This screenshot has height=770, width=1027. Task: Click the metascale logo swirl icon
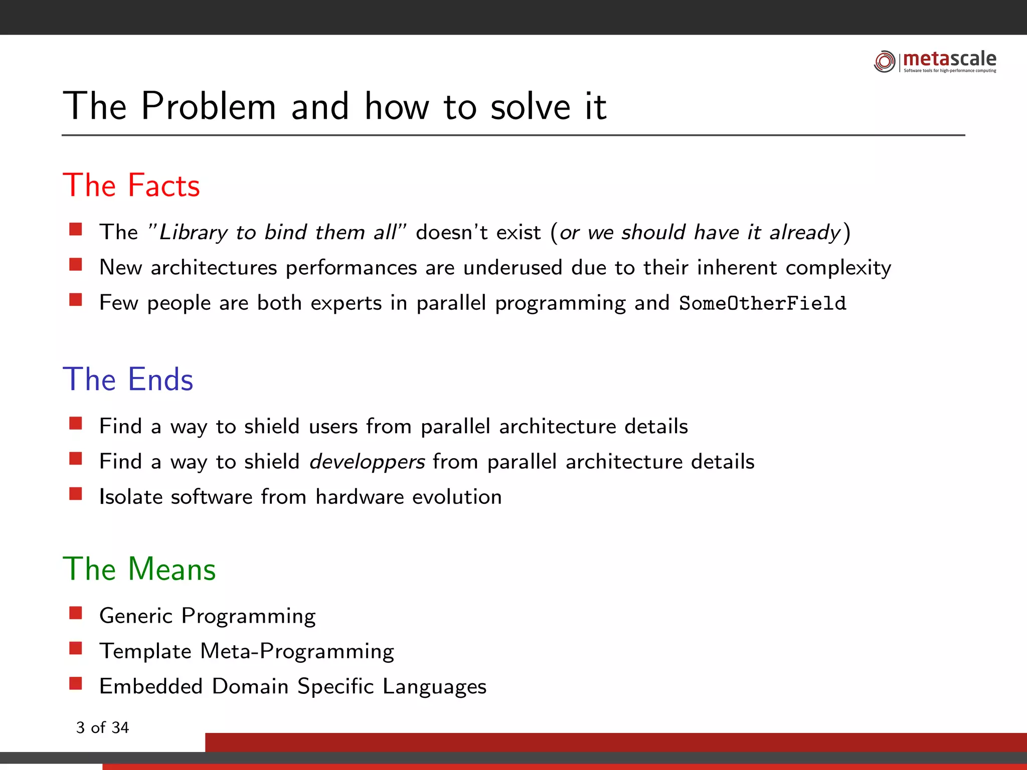[884, 61]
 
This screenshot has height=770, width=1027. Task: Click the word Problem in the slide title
[209, 106]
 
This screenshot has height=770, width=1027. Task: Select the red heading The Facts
[131, 185]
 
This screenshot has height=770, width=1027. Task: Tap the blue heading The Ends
[128, 379]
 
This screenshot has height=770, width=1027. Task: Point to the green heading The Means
[139, 569]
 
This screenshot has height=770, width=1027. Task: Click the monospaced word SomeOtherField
[762, 303]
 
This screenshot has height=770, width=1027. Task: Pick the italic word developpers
[367, 462]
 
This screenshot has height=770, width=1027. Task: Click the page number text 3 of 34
[102, 727]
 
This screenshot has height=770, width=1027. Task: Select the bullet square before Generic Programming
[76, 613]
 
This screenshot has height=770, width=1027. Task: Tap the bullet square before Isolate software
[76, 494]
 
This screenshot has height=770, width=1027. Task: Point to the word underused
[512, 268]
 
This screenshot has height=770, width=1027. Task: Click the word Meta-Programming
[297, 651]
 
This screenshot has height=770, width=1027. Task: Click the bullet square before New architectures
[76, 265]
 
